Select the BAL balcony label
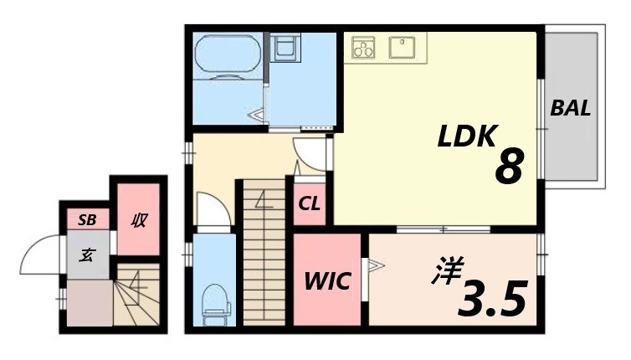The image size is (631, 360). click(571, 108)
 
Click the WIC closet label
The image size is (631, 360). click(326, 280)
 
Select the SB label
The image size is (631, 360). click(87, 221)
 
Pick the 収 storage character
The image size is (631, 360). click(138, 221)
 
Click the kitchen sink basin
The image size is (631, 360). click(407, 46)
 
